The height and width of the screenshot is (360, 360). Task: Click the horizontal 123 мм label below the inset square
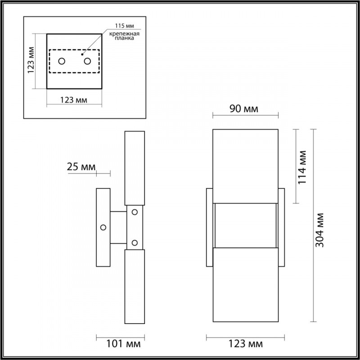click(74, 99)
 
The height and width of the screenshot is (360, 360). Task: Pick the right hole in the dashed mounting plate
click(87, 61)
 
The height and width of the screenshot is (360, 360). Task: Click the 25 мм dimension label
click(81, 167)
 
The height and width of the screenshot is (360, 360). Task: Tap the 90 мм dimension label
click(245, 109)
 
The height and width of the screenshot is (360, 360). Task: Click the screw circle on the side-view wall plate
click(103, 228)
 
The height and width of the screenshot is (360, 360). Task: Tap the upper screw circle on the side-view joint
click(134, 211)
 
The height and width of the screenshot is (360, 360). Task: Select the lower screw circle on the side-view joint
click(134, 243)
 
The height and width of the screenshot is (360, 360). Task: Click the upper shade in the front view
click(245, 164)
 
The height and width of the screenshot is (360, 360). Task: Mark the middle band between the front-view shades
click(245, 225)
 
